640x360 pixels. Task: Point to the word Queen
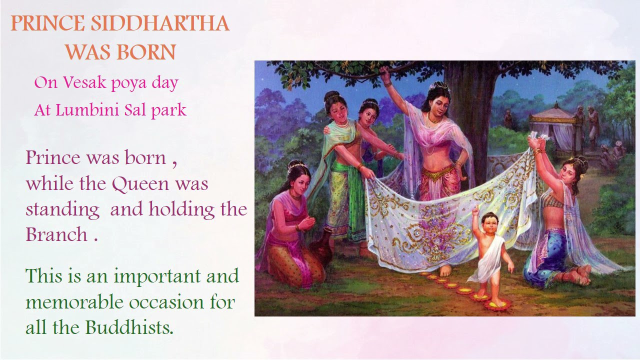140,184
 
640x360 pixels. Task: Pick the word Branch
56,234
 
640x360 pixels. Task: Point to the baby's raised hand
475,212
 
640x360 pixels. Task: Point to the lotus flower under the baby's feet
497,303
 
